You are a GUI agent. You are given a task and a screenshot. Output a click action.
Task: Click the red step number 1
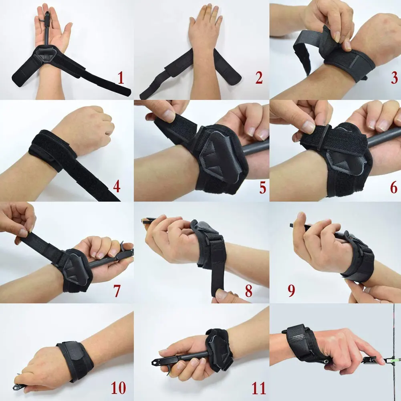(121, 78)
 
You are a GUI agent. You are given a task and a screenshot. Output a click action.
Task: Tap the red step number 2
(259, 78)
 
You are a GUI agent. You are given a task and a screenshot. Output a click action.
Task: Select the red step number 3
(394, 78)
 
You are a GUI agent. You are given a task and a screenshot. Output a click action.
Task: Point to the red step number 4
(117, 187)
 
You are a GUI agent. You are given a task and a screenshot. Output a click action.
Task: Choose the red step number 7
(117, 291)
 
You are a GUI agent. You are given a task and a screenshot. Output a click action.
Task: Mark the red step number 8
(249, 291)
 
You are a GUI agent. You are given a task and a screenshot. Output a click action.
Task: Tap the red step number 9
(291, 291)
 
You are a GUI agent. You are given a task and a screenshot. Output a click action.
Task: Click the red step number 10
(118, 387)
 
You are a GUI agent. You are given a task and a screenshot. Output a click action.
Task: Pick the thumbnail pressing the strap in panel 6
(309, 127)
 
